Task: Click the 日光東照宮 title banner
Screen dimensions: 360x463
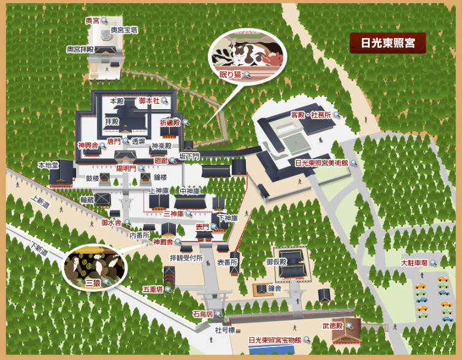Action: coord(388,44)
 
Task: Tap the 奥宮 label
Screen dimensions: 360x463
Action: coord(93,20)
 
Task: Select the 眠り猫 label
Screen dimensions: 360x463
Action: coord(231,75)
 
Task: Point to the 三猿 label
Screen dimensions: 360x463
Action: coord(93,282)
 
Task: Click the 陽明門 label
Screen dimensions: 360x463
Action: coord(125,167)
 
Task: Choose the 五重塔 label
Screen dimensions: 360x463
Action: coord(152,288)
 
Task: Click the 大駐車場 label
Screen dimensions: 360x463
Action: coord(415,263)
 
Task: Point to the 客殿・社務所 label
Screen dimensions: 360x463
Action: coord(310,115)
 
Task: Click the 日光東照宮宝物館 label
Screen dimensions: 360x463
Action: coord(275,340)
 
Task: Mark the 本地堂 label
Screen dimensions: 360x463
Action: coord(48,165)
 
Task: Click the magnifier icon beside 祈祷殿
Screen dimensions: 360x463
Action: coord(185,123)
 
